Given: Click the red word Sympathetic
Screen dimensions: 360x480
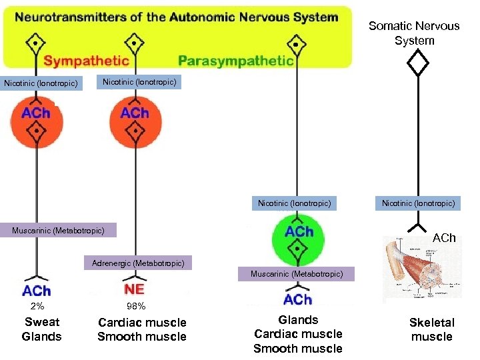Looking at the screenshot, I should [x=86, y=61].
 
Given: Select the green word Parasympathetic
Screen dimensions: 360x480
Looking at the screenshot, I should [x=236, y=61].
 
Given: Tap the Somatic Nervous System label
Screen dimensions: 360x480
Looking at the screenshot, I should [x=414, y=33].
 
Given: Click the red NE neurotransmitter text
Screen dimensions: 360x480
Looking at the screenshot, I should [x=135, y=289].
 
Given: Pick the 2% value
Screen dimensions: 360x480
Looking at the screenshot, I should [x=37, y=307].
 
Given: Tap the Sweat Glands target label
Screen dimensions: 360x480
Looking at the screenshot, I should [x=41, y=329].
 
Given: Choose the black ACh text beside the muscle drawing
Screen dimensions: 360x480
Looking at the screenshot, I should [x=444, y=238].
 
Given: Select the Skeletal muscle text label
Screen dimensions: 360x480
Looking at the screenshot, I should [x=431, y=329].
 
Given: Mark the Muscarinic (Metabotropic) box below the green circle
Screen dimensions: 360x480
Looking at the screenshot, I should [x=297, y=274].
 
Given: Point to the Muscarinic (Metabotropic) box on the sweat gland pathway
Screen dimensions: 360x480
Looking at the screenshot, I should [x=58, y=231].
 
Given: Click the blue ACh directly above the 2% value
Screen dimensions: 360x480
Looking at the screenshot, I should [x=36, y=291].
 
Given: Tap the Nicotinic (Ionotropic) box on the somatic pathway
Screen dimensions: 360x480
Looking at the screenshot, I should [x=418, y=203].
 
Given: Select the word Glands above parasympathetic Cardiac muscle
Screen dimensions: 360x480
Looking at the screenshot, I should [x=298, y=320].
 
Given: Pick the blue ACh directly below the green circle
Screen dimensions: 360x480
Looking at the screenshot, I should [x=297, y=299].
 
